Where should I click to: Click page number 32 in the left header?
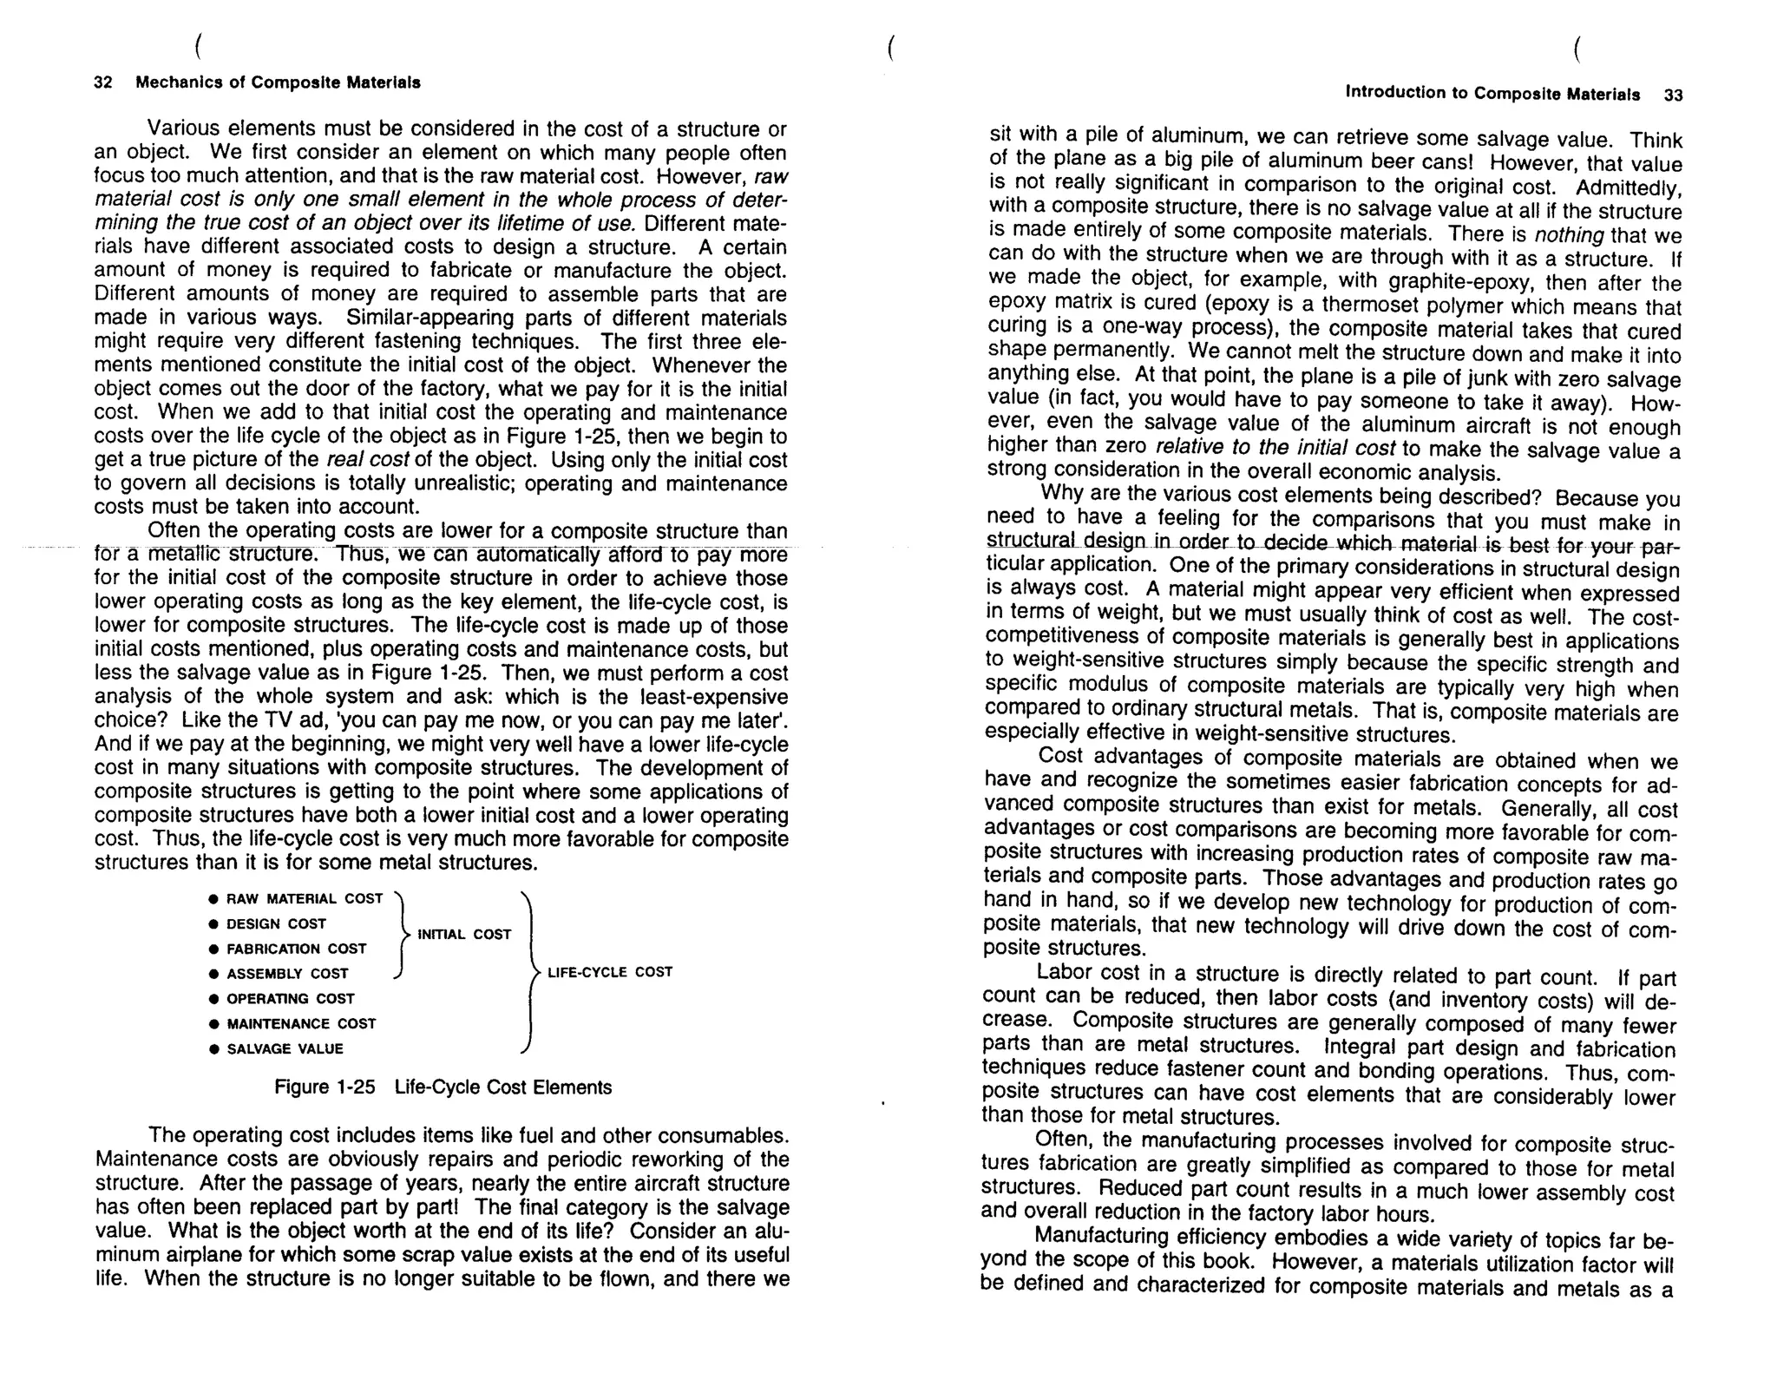point(102,82)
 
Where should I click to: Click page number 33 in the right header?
point(1673,95)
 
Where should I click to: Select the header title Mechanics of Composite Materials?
point(278,82)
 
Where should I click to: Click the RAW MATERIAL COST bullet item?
point(304,898)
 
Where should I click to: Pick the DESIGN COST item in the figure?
point(276,923)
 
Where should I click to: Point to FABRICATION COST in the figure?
point(296,949)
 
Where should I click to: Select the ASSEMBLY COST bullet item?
point(287,974)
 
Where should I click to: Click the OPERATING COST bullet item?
point(290,998)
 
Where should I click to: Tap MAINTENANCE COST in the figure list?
point(301,1023)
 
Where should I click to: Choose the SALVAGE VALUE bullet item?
point(285,1048)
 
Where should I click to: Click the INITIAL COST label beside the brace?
point(464,934)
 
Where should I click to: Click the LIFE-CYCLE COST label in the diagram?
point(609,972)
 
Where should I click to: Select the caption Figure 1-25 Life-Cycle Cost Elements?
point(443,1087)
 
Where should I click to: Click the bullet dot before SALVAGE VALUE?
point(213,1049)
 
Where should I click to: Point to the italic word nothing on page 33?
point(1569,235)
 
